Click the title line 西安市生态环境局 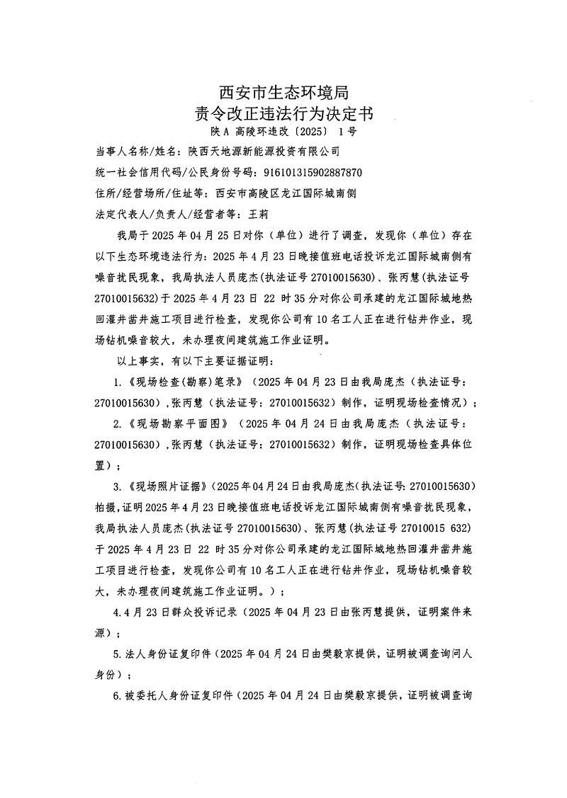tap(283, 92)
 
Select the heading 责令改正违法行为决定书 tap(283, 113)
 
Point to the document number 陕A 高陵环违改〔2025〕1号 tap(283, 132)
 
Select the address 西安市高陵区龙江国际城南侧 tap(283, 193)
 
